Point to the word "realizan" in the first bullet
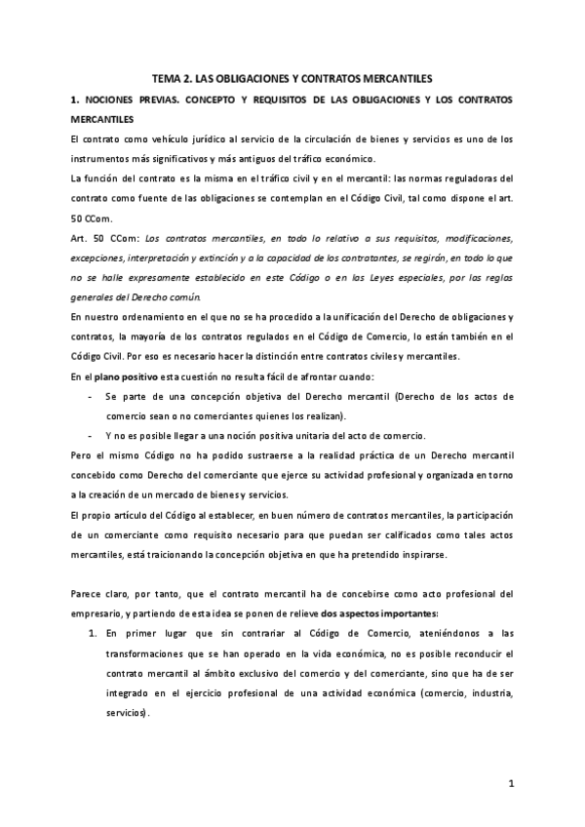coord(325,414)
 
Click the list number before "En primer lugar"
coord(93,633)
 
